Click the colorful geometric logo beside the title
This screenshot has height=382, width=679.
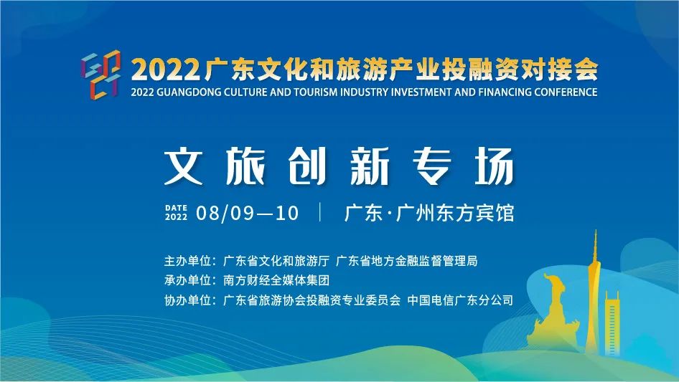coord(100,74)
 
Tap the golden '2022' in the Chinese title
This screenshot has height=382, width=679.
coord(165,70)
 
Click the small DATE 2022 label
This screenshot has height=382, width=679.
coord(177,212)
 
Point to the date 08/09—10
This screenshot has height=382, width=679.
coord(247,213)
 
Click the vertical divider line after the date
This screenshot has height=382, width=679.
coord(320,212)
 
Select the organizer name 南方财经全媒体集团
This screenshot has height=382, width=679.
coord(276,280)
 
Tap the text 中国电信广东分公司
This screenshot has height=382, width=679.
coord(460,300)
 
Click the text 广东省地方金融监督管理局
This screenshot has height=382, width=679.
coord(407,261)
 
